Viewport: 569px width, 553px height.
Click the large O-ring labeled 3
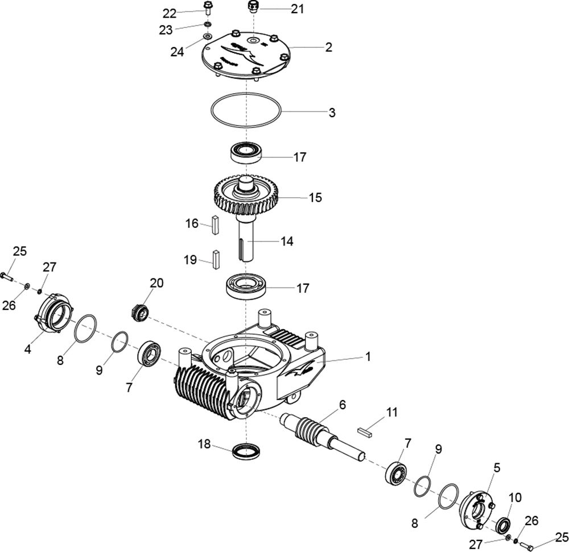tap(246, 111)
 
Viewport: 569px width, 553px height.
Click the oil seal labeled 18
tap(246, 451)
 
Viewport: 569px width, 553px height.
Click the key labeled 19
tap(216, 260)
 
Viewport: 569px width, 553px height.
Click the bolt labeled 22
tap(208, 7)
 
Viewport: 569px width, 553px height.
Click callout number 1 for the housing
tap(368, 357)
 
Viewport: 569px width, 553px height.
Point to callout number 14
tap(286, 241)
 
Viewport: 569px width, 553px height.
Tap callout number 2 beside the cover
tap(328, 47)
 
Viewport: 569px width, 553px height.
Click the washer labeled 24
tap(208, 36)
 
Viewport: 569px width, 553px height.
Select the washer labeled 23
tap(208, 24)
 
